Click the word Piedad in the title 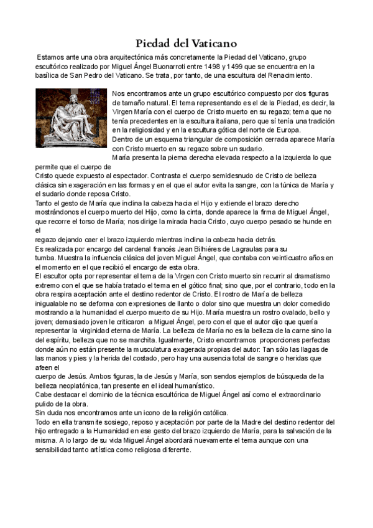155,44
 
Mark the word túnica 293,185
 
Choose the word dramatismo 305,276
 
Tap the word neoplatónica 70,386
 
